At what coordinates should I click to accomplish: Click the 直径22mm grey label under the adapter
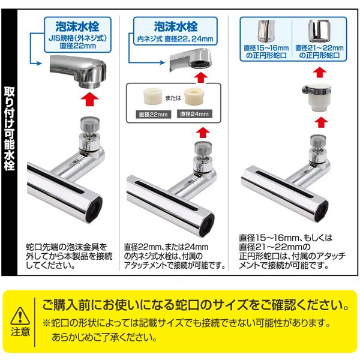point(154,115)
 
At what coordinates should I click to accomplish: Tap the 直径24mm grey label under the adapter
point(194,114)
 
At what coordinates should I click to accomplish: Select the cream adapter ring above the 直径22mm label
point(152,97)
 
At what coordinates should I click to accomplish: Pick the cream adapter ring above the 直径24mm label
point(194,96)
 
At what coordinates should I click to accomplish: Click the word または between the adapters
point(173,98)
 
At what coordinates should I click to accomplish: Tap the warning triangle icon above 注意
point(20,316)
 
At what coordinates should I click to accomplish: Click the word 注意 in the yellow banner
point(20,332)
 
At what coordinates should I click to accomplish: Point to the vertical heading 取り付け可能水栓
point(10,129)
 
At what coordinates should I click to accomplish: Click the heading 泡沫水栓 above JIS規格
point(77,26)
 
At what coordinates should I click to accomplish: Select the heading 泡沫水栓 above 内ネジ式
point(176,26)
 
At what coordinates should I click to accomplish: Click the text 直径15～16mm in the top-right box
point(266,48)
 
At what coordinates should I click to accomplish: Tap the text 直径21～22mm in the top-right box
point(319,48)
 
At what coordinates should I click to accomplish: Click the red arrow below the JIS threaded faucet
point(90,99)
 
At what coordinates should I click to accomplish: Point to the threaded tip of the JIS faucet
point(90,85)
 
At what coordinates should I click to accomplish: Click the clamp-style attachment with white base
point(317,98)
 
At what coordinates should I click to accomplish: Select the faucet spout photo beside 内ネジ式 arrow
point(191,59)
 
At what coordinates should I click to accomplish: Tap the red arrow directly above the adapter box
point(202,77)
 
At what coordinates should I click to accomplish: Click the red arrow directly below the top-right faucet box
point(320,73)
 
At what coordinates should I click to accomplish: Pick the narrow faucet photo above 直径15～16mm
point(266,31)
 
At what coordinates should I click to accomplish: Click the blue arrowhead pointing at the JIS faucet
point(39,64)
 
